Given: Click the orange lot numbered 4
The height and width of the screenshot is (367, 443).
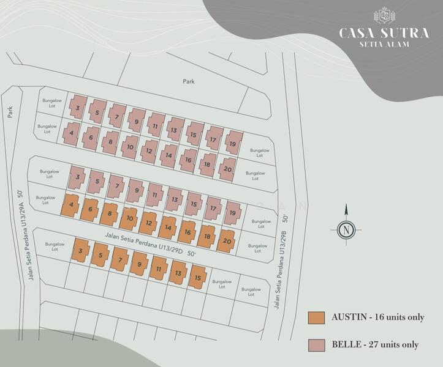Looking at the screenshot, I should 71,206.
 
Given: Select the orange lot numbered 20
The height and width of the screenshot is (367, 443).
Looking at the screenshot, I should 227,240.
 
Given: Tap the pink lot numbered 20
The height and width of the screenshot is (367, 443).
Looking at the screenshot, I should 227,169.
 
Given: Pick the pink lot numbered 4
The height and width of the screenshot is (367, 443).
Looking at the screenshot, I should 72,133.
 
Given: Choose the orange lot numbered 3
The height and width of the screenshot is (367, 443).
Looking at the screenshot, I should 81,251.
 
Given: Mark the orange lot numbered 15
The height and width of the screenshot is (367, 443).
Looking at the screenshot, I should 198,277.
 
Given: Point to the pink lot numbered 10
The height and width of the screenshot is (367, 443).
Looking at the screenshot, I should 130,147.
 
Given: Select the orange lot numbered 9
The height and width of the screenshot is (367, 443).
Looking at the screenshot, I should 139,264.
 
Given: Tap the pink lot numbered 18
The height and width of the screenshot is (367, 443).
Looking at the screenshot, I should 208,165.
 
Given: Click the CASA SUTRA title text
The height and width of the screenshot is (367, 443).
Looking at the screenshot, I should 384,32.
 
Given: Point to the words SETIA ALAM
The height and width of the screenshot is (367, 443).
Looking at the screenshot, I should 384,44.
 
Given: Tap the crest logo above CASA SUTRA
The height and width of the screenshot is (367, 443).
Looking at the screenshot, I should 384,15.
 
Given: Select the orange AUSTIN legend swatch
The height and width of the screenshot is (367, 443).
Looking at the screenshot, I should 316,318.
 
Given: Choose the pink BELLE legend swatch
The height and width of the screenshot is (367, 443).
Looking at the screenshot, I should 316,344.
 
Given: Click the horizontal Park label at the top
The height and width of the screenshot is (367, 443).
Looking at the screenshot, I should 188,81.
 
